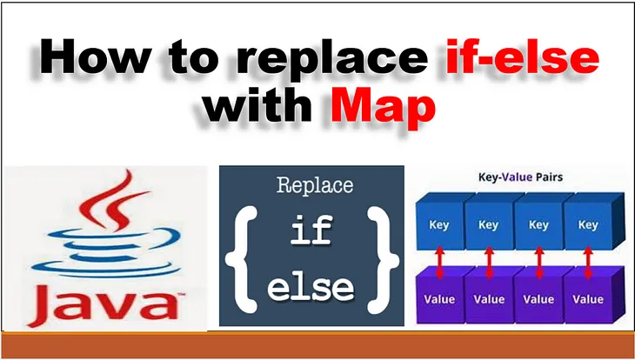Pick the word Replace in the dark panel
pos(314,185)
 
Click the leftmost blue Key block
pos(440,225)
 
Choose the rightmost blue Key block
pos(588,225)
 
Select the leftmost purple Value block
pos(440,299)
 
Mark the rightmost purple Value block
pos(588,299)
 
